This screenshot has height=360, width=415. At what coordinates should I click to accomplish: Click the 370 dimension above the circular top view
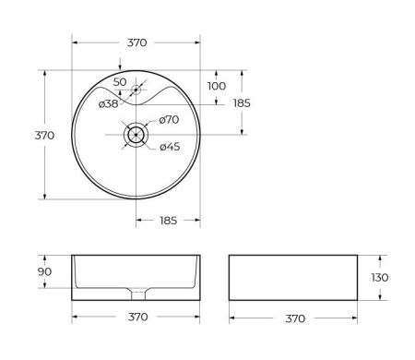pos(136,42)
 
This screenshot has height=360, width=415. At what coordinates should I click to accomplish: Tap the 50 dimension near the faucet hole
pos(119,82)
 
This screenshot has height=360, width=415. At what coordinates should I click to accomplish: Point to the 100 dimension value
pos(216,86)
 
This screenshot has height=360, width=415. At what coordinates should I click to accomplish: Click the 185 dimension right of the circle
pos(242,102)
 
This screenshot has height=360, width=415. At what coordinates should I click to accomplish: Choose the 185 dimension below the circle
pos(169,222)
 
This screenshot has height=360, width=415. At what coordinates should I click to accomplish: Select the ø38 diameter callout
pos(109,103)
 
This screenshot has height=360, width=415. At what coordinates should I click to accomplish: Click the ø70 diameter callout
pos(168,120)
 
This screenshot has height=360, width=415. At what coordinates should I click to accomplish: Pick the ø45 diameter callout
pos(168,147)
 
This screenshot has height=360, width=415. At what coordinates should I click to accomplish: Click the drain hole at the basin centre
pos(136,134)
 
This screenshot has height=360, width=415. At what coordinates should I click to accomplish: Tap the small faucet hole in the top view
pos(136,90)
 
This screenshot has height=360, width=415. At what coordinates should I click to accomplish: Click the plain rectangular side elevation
pos(293,277)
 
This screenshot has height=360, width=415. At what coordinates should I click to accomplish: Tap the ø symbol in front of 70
pos(160,120)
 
